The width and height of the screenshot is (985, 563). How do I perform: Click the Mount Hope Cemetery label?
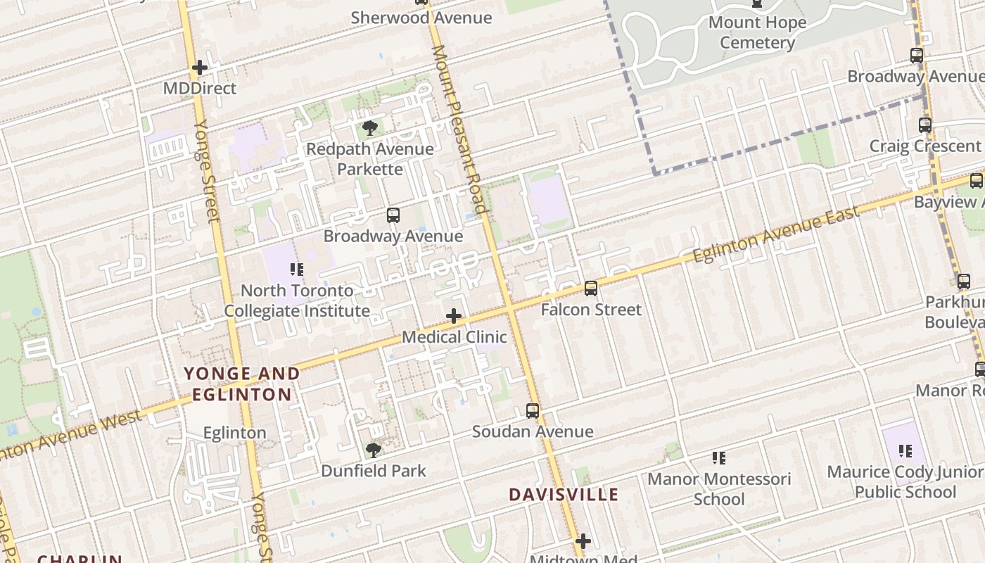pyautogui.click(x=757, y=32)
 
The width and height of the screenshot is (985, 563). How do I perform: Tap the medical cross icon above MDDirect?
pyautogui.click(x=200, y=68)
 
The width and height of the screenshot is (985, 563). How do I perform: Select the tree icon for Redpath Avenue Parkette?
pyautogui.click(x=370, y=128)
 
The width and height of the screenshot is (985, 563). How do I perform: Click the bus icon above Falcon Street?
pyautogui.click(x=591, y=289)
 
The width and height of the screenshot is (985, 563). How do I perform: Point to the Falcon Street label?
pyautogui.click(x=591, y=310)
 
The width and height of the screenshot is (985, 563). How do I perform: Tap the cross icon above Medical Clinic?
pyautogui.click(x=454, y=316)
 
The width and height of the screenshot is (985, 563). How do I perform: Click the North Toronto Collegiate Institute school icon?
pyautogui.click(x=297, y=270)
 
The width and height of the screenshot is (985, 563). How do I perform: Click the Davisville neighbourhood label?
pyautogui.click(x=564, y=495)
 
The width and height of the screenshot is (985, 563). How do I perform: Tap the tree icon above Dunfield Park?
pyautogui.click(x=374, y=450)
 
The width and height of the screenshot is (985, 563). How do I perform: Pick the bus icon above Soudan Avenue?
pyautogui.click(x=533, y=411)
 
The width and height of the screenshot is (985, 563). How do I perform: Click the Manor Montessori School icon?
pyautogui.click(x=718, y=459)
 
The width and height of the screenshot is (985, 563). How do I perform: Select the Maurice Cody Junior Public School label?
pyautogui.click(x=905, y=481)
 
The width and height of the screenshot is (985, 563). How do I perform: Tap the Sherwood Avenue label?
pyautogui.click(x=421, y=18)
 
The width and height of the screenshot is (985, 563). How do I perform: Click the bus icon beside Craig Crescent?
pyautogui.click(x=925, y=125)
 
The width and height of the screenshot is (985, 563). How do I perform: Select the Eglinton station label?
pyautogui.click(x=234, y=433)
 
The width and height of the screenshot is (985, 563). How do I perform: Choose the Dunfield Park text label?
pyautogui.click(x=374, y=471)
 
